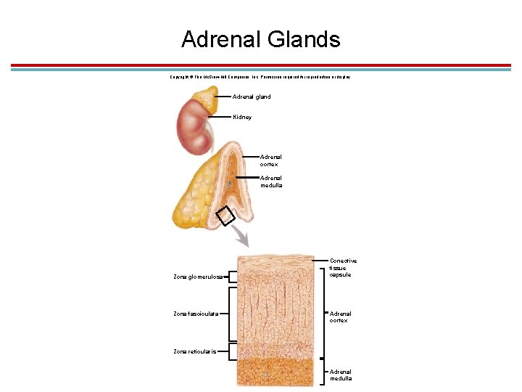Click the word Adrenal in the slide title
click(220, 39)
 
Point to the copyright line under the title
click(260, 77)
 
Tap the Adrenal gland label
click(252, 97)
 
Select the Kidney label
click(243, 117)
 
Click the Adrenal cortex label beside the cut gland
click(271, 160)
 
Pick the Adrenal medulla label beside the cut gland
click(272, 181)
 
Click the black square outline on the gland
click(225, 216)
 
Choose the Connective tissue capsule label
click(343, 268)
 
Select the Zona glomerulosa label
click(197, 277)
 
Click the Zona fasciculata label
click(196, 314)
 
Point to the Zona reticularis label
click(194, 351)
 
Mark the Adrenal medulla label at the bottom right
click(341, 375)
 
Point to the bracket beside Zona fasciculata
click(231, 314)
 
